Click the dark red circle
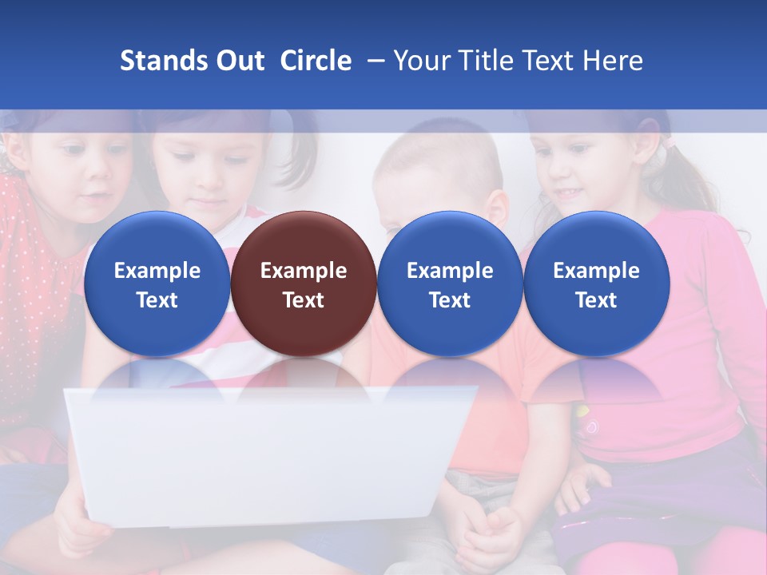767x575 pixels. tap(303, 284)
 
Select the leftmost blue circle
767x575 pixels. tap(157, 284)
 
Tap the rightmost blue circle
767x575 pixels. tap(596, 284)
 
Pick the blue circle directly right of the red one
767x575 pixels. tap(450, 284)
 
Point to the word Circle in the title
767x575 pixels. tap(316, 61)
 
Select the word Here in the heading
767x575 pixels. tap(614, 61)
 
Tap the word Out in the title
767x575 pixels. tap(237, 61)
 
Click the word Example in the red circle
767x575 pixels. tap(304, 271)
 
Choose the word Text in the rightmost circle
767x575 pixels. tap(596, 300)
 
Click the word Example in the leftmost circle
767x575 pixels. tap(157, 271)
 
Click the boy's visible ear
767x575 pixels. tap(498, 209)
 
